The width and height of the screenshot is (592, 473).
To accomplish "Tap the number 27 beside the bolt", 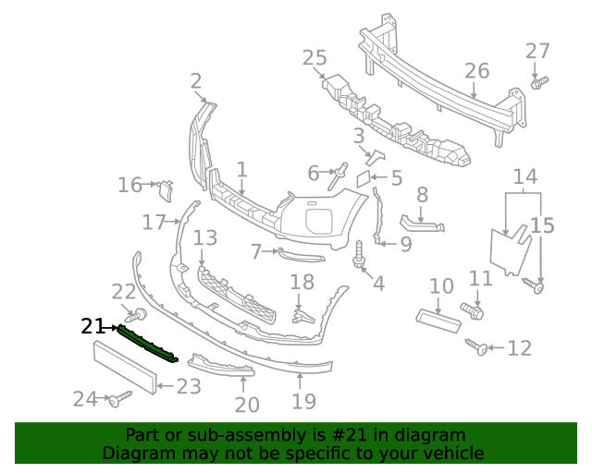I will point(537,51).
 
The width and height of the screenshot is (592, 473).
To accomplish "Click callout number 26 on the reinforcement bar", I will point(476,70).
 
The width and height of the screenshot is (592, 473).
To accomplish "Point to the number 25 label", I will point(314,59).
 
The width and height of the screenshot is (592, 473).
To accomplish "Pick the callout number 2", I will point(196,82).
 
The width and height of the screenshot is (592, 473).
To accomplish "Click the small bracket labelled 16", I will point(165,189).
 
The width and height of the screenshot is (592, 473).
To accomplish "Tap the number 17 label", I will point(154,222).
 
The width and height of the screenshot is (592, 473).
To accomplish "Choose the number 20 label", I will point(247,404).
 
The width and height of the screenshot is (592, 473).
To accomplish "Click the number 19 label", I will point(303,401).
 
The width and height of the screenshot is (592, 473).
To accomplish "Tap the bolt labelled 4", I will point(358,255).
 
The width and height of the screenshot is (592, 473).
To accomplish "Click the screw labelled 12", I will point(479,347).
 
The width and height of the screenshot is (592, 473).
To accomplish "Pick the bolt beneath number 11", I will point(472,310).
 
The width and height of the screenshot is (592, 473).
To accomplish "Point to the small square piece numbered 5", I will point(365,176).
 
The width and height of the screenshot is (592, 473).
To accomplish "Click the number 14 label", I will point(524,176).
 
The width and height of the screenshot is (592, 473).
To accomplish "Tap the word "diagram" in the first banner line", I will point(432,435).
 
